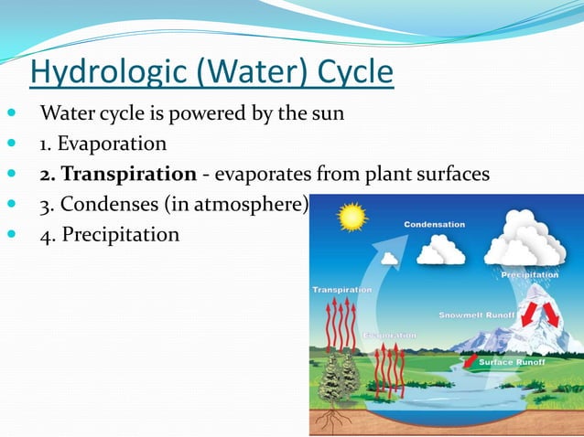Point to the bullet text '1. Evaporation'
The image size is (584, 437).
click(103, 144)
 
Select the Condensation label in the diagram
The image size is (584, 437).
click(435, 224)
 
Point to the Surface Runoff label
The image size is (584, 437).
click(513, 362)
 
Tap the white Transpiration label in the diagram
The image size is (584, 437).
click(342, 290)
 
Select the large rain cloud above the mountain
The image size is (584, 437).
click(525, 240)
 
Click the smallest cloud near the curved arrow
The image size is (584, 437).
click(390, 259)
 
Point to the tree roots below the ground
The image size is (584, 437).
click(333, 418)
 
